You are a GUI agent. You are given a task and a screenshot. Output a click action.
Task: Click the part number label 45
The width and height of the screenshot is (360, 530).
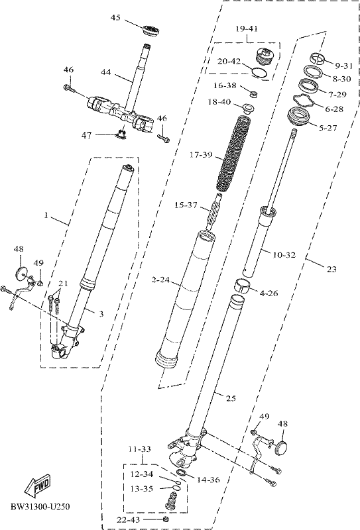click(115, 18)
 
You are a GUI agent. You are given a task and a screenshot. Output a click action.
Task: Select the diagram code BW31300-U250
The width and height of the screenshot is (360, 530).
click(40, 507)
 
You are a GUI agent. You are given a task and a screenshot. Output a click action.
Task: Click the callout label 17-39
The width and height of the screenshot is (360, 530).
click(201, 155)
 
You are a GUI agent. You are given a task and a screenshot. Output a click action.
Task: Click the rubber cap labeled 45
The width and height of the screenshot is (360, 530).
click(151, 30)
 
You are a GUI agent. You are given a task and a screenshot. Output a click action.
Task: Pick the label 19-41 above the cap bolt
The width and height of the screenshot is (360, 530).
click(247, 28)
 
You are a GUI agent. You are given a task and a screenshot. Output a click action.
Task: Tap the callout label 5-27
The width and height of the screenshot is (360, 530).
click(328, 128)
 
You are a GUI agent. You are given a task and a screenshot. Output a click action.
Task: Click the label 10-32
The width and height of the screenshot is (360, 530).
click(284, 255)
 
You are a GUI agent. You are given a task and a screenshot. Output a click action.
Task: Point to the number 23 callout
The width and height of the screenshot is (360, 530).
click(331, 269)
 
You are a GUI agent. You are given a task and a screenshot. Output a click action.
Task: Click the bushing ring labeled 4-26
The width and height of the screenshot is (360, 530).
click(241, 286)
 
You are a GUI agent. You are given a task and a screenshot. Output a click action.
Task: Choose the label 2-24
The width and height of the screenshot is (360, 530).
click(160, 280)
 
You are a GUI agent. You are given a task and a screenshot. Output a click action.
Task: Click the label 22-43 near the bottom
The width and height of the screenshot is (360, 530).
click(128, 520)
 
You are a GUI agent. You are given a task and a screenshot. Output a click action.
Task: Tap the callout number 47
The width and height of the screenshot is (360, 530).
click(87, 136)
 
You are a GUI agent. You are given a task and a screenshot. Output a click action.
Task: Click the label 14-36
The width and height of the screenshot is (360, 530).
click(208, 480)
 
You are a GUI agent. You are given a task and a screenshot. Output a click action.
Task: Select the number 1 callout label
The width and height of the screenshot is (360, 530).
click(46, 215)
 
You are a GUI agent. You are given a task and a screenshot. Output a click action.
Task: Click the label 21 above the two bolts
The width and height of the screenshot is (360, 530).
click(63, 284)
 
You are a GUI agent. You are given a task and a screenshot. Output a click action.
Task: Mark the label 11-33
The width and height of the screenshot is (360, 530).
click(140, 449)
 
